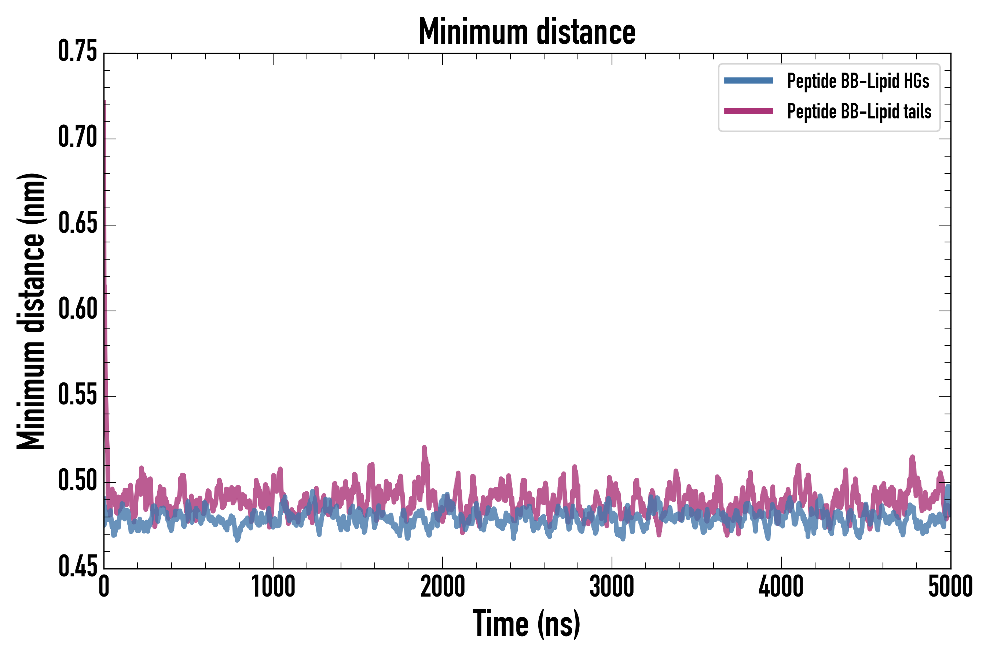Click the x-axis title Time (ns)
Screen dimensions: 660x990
click(x=527, y=624)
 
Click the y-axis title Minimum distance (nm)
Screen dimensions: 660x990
click(x=31, y=311)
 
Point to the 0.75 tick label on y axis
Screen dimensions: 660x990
click(x=77, y=52)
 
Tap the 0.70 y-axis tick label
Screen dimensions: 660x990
click(x=77, y=137)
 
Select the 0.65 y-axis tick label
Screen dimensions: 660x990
click(x=77, y=224)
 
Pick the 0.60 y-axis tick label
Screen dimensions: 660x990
click(x=77, y=309)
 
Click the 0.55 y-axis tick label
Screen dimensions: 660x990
click(x=77, y=395)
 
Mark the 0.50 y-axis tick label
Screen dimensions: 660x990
click(x=77, y=481)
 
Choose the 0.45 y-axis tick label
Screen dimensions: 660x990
click(x=77, y=567)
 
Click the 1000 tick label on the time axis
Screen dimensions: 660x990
click(x=273, y=587)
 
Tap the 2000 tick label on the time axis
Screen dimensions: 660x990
click(x=443, y=587)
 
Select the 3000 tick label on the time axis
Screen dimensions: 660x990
click(x=612, y=587)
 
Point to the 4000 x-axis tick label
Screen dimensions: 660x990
click(x=781, y=587)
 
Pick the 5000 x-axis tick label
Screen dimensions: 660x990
click(x=950, y=587)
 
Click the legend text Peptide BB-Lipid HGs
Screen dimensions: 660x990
click(x=858, y=81)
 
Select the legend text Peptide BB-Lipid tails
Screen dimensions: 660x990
click(x=859, y=111)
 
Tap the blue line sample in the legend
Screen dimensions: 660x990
click(x=748, y=81)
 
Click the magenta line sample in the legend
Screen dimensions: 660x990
click(x=748, y=111)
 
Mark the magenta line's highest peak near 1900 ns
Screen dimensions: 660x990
click(x=424, y=447)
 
